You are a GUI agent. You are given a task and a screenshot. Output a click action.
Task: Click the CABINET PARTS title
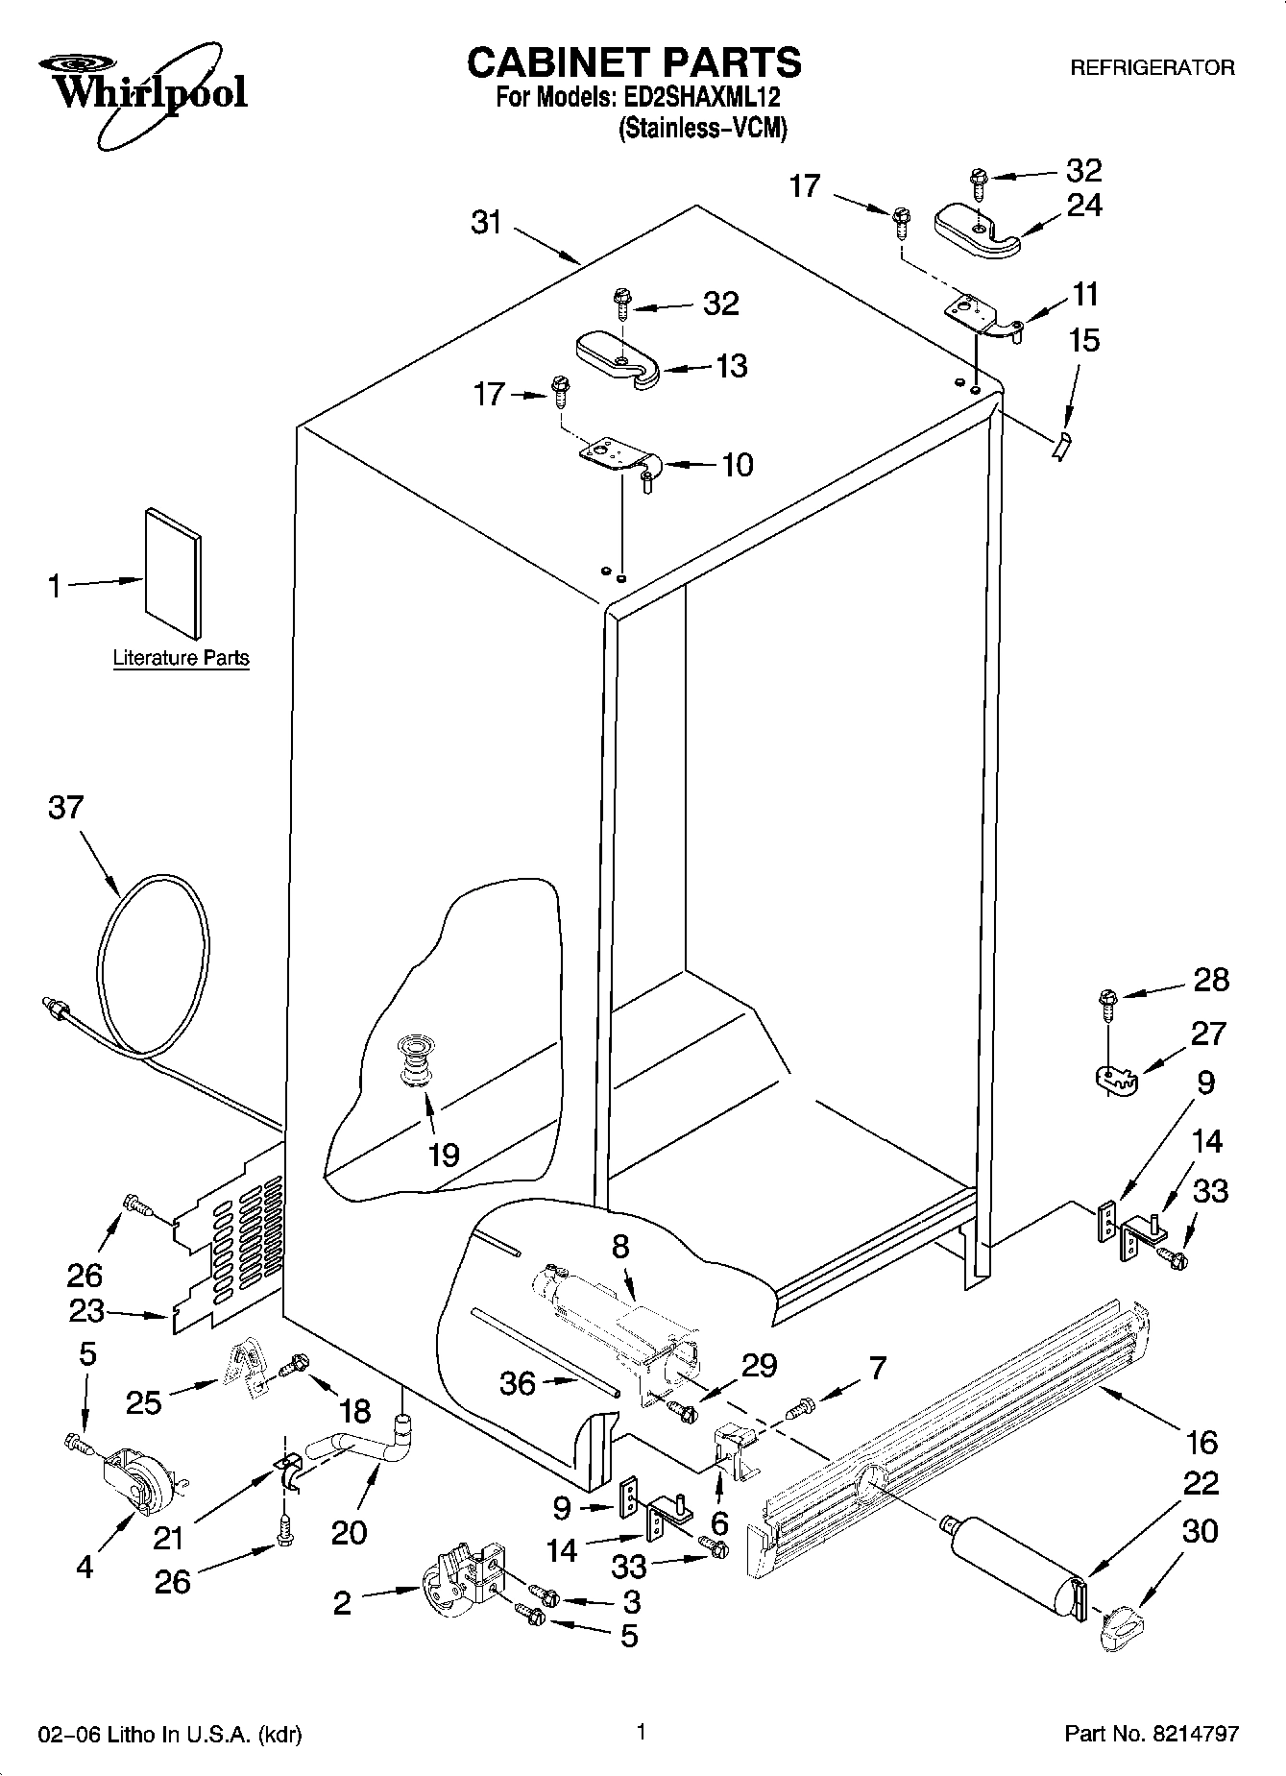pos(634,61)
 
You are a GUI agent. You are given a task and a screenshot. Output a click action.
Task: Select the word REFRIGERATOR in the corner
pos(1152,68)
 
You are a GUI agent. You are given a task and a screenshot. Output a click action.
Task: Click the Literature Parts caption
pos(181,658)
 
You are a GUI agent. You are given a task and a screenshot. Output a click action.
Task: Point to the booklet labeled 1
pos(174,572)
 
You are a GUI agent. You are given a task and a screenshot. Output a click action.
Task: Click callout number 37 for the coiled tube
pos(66,808)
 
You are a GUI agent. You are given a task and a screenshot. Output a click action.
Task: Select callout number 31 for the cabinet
pos(487,222)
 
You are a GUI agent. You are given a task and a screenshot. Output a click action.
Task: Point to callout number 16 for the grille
pos(1201,1441)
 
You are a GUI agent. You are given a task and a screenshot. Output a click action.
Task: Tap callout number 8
pos(620,1247)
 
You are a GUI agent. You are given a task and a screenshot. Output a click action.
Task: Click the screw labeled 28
pos(1108,1003)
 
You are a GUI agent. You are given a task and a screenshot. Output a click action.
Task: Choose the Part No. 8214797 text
pos(1152,1734)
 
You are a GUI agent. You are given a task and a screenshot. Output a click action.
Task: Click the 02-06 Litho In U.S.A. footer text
pos(170,1735)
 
